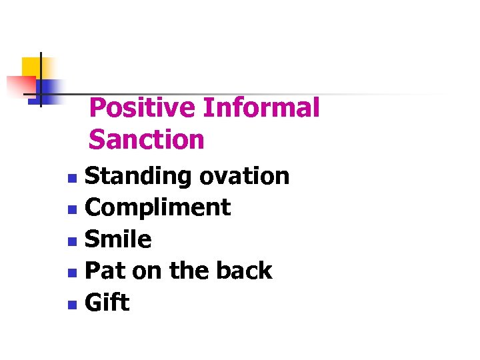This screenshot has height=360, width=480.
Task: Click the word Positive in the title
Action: [x=143, y=108]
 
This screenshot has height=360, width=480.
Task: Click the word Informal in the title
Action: [x=261, y=108]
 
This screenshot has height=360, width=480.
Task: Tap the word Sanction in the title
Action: [x=146, y=140]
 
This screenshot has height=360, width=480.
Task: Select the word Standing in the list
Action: [x=139, y=177]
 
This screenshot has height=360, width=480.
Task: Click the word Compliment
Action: [x=159, y=208]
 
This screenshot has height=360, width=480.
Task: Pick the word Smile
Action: [x=119, y=239]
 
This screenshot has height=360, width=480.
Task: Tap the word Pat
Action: [x=107, y=271]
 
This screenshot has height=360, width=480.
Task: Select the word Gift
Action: [x=107, y=303]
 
